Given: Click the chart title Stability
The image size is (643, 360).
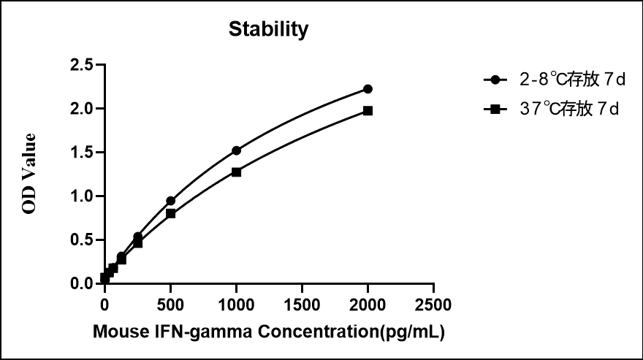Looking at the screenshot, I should [x=268, y=30].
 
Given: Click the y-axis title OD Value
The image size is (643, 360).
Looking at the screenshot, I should [x=28, y=174].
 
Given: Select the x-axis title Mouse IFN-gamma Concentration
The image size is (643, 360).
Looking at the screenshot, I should [x=269, y=332].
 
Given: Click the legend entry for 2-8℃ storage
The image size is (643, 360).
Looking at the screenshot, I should [x=552, y=79].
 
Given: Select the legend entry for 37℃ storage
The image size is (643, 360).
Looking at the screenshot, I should [x=552, y=110].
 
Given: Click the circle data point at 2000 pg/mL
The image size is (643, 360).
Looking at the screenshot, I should [x=368, y=89].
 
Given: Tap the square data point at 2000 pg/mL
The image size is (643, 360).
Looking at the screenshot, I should [x=368, y=111].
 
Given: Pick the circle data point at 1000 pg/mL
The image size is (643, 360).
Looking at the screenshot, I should [x=236, y=150].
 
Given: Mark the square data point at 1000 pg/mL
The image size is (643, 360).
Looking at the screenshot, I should [x=236, y=172].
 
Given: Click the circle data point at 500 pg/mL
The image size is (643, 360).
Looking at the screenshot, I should [x=170, y=201].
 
